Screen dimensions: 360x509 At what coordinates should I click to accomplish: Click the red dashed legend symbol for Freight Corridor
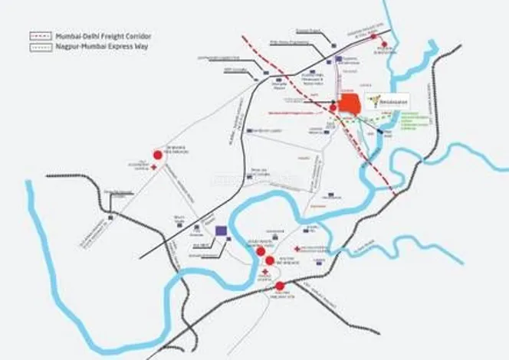coord(41,35)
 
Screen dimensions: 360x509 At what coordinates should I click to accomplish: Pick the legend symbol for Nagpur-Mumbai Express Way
coord(41,46)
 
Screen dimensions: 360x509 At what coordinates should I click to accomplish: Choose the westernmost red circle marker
coord(158,154)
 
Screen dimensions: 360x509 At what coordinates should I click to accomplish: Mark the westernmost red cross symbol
coord(154,166)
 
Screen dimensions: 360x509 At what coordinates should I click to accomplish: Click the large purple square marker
coord(222,230)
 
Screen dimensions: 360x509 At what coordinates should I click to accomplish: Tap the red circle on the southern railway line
coord(280,286)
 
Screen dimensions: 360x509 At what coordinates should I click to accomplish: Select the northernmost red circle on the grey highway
coord(373,36)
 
